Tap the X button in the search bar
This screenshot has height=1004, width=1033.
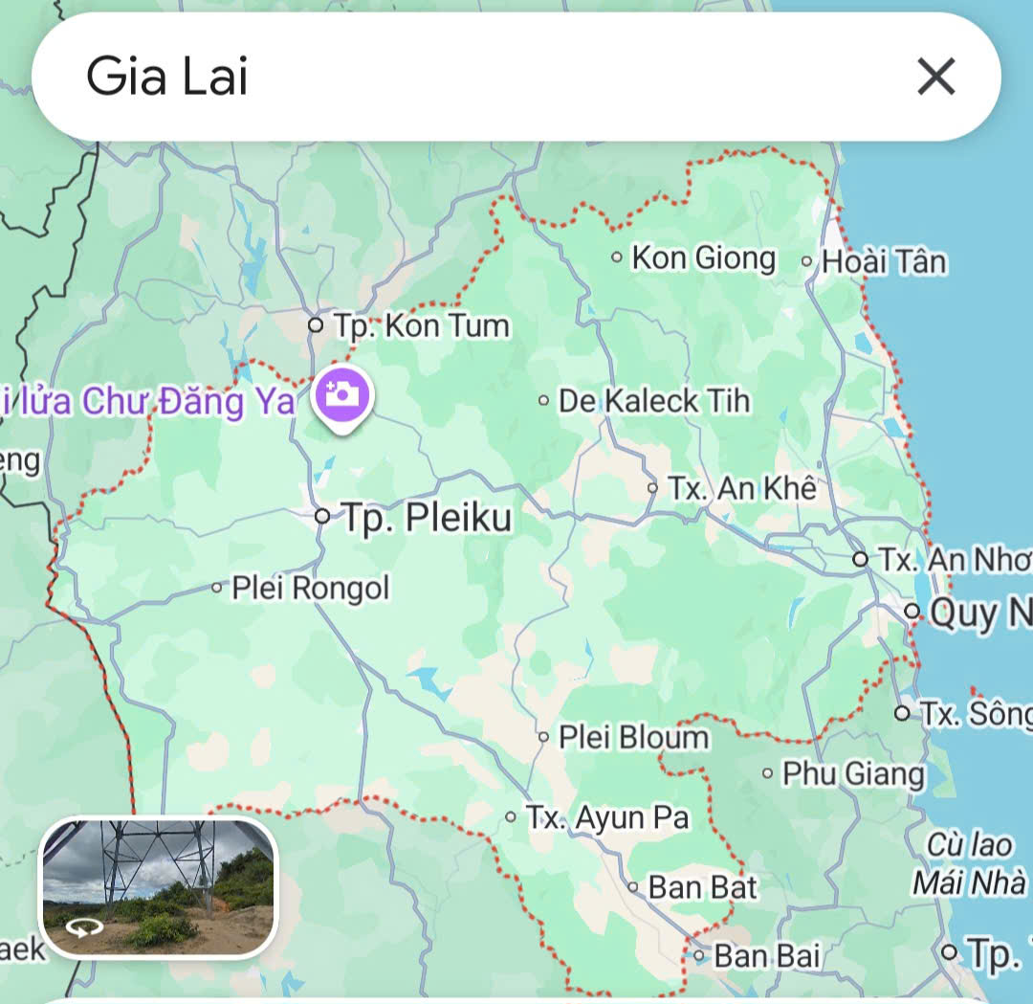coord(935,77)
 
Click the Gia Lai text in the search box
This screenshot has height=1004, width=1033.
coord(167,77)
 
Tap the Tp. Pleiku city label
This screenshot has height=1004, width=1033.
coord(428,518)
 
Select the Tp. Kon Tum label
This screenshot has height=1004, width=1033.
coord(422,326)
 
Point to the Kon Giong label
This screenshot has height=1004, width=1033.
coord(704,257)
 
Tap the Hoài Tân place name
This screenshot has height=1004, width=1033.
coord(884,261)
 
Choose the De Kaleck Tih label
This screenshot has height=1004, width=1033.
coord(654,401)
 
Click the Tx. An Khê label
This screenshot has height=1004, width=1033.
coord(742,488)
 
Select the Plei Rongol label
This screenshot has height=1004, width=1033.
coord(311,588)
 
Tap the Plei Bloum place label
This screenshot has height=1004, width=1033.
coord(634,737)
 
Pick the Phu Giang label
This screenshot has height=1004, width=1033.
coord(853,773)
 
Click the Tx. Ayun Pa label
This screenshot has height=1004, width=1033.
coord(607,818)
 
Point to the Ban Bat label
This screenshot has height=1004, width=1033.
coord(702,887)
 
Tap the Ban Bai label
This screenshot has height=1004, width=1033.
coord(767,955)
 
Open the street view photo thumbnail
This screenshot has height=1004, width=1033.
coord(158,887)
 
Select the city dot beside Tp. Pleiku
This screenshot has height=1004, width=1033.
coord(322,517)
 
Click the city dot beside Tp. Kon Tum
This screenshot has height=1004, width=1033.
coord(316,325)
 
